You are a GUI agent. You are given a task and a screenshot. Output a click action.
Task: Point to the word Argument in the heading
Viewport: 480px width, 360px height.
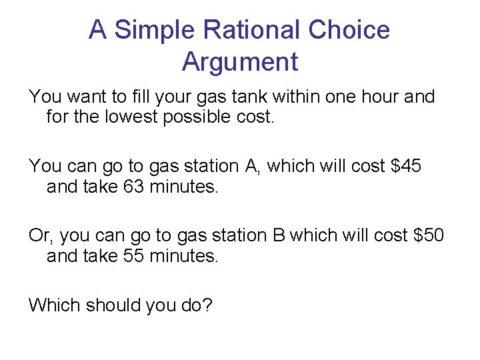point(239,62)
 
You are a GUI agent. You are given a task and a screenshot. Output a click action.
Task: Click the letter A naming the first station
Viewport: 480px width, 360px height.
point(252,165)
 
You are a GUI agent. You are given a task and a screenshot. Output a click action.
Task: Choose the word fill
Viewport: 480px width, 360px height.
point(140,97)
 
